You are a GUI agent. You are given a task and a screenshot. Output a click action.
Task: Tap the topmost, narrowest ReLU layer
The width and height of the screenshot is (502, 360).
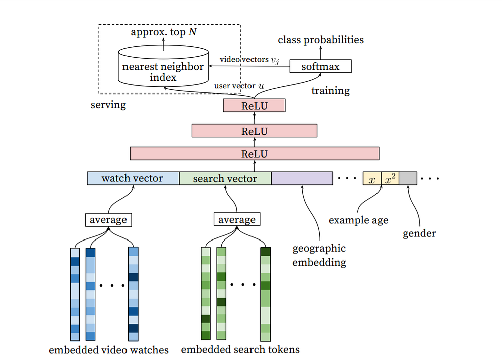coord(254,106)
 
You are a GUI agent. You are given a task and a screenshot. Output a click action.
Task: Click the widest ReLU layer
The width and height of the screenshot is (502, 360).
coord(254,154)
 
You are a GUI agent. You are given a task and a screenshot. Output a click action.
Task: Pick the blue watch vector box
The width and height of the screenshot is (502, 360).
coord(133,178)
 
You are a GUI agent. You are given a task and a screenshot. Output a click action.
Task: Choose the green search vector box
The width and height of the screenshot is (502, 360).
coord(225,178)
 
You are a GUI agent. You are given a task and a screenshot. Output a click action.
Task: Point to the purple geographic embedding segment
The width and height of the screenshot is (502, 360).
coord(302,178)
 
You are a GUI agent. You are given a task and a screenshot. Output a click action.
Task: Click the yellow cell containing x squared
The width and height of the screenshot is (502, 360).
coord(390,179)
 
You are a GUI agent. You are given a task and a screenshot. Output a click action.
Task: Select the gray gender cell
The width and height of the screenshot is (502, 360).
coord(408,179)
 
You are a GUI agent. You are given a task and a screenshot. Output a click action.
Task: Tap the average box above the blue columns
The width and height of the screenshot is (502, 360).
coord(108,220)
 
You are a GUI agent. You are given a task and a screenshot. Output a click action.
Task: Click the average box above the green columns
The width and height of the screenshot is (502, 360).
coord(237,220)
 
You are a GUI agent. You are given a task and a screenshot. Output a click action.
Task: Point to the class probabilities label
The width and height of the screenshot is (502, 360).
coord(321,40)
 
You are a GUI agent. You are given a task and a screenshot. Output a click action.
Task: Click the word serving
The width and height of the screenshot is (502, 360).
coord(108,105)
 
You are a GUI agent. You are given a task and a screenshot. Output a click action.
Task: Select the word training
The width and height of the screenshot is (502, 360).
coord(330,91)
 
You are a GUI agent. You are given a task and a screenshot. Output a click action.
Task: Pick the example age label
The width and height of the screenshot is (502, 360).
coord(358,220)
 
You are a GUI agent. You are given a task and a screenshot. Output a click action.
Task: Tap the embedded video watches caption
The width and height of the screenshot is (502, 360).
coord(108,350)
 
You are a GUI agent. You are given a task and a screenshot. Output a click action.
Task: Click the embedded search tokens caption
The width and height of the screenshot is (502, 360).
coord(240,350)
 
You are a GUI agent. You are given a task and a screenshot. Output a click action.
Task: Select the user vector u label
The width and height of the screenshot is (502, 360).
coord(239,86)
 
